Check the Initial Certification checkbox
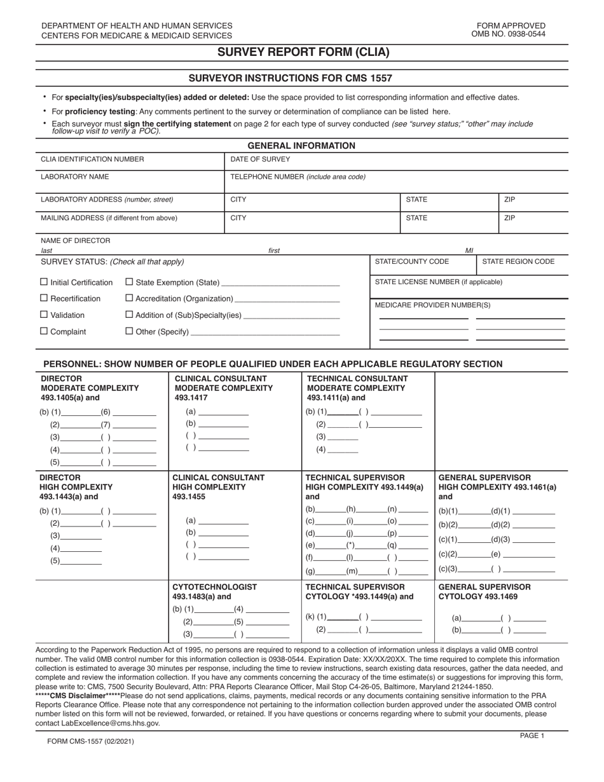tap(44, 282)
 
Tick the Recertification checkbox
tap(44, 298)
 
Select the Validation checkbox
tap(44, 315)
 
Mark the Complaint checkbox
tap(44, 331)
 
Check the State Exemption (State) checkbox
tap(129, 282)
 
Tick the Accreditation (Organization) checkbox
tap(129, 298)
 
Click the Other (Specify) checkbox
tap(129, 331)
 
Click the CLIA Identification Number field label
tap(92, 160)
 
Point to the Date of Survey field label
tap(260, 160)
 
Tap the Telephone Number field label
tap(298, 177)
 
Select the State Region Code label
tap(518, 261)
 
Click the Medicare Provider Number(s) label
tap(432, 305)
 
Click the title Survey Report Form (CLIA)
tap(303, 53)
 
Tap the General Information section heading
tap(301, 146)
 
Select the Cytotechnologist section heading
tap(215, 587)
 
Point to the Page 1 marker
tap(532, 735)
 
